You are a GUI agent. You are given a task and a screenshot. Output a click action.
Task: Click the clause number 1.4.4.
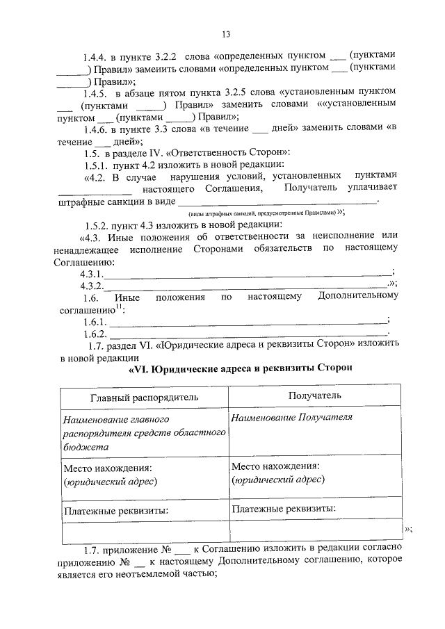click(95, 55)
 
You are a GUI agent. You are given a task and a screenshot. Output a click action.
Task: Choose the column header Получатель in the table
click(315, 395)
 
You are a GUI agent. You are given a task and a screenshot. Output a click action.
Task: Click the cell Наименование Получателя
click(292, 418)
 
